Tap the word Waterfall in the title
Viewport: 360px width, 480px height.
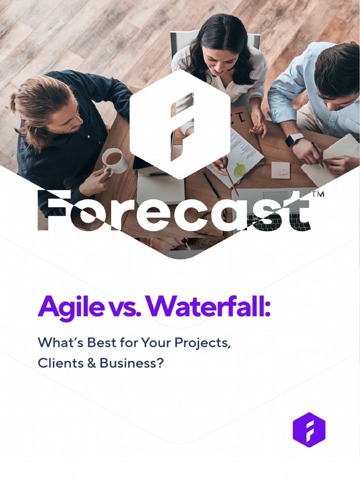click(206, 306)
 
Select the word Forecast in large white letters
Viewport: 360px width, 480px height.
click(173, 211)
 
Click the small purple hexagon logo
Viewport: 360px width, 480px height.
click(309, 430)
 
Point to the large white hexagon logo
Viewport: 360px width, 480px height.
click(180, 124)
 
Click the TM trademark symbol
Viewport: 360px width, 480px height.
click(317, 195)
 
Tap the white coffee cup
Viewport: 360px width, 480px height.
click(114, 160)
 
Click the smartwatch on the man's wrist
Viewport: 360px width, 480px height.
click(294, 140)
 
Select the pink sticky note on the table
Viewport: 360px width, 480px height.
click(280, 170)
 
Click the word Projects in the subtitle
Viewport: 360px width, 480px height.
click(202, 343)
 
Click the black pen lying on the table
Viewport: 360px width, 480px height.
click(210, 185)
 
